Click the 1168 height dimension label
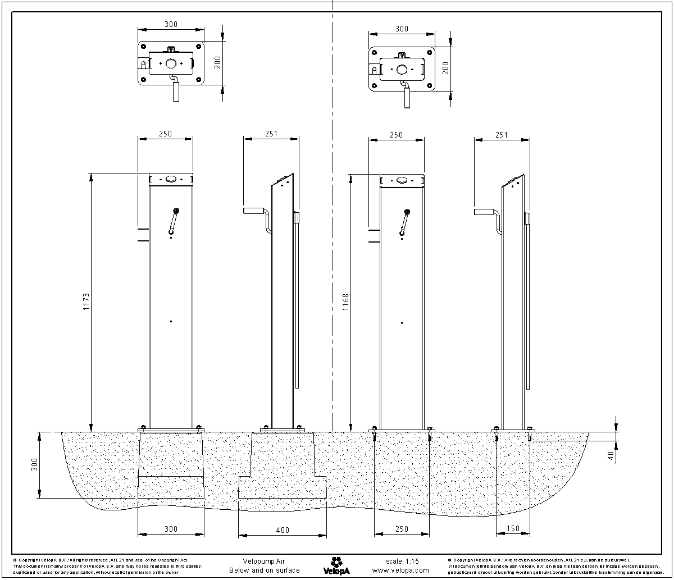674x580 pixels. [x=345, y=303]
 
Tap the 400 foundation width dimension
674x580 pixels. [x=283, y=529]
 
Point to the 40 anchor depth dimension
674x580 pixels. [x=611, y=455]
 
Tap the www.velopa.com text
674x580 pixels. [x=397, y=570]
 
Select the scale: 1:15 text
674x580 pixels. [x=402, y=561]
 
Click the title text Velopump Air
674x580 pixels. [x=264, y=561]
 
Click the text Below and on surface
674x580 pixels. [x=264, y=570]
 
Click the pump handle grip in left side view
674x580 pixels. [x=252, y=211]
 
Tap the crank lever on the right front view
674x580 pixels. [x=404, y=221]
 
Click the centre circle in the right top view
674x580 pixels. [x=402, y=68]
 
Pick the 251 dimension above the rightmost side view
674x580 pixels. [x=502, y=134]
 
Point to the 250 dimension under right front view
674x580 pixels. [x=402, y=529]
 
